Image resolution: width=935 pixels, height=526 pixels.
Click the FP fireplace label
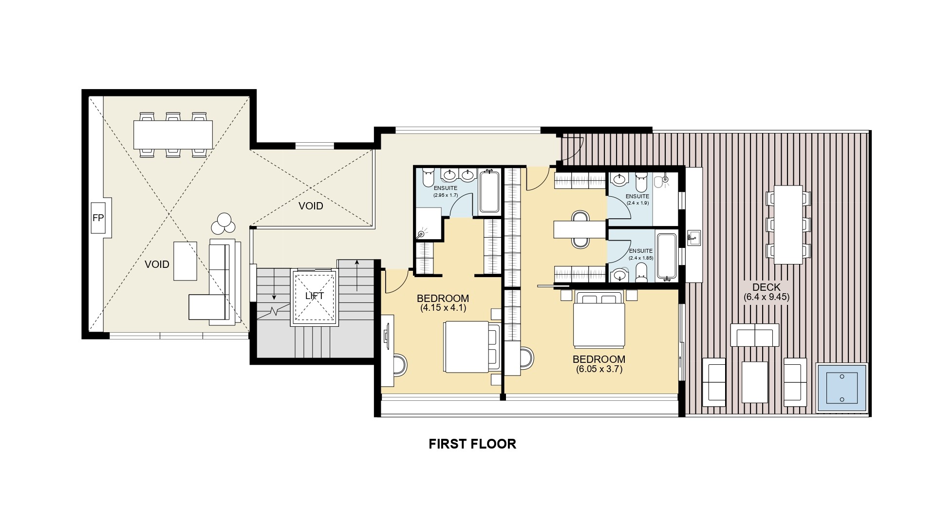click(x=98, y=218)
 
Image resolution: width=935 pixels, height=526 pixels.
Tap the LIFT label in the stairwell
click(x=314, y=296)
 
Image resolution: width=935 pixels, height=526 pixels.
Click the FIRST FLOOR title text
click(x=472, y=444)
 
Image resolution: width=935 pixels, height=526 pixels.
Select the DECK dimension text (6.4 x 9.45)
click(x=767, y=297)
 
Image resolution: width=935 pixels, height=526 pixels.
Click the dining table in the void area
click(x=173, y=134)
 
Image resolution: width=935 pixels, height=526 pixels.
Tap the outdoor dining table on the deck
click(x=788, y=225)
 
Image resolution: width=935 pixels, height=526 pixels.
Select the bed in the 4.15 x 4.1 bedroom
click(x=471, y=347)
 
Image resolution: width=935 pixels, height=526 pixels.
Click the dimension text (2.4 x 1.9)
click(x=637, y=202)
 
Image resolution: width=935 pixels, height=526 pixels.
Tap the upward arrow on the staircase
click(x=357, y=275)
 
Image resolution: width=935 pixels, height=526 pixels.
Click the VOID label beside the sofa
click(x=157, y=264)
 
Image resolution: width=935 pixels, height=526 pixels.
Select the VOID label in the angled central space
click(x=311, y=206)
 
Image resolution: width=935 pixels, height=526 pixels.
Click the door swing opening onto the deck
click(x=573, y=149)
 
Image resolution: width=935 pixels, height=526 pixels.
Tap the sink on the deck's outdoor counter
click(x=693, y=238)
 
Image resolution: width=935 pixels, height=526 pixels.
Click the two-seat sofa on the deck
click(x=754, y=335)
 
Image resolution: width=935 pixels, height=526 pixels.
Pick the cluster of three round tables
click(x=224, y=224)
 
